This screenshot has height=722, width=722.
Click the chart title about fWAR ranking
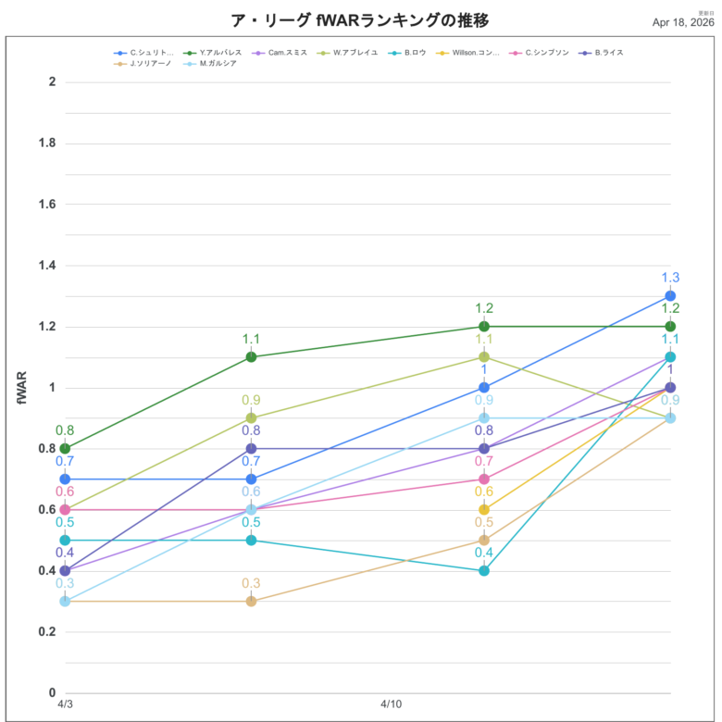[359, 20]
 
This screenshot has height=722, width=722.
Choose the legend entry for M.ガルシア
[210, 63]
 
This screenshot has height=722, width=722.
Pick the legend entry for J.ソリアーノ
[144, 63]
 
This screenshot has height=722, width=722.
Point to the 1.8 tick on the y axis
[45, 143]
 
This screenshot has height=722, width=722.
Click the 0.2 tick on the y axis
[45, 631]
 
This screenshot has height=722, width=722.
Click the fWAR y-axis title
[22, 387]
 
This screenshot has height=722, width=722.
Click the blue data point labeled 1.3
[670, 296]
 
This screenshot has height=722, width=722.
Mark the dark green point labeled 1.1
[251, 357]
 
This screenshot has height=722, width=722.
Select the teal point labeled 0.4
[484, 570]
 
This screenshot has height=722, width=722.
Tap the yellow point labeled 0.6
[484, 509]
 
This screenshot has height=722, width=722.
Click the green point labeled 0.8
[65, 449]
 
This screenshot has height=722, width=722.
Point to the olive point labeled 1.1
[484, 357]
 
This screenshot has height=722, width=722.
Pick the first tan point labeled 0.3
[65, 601]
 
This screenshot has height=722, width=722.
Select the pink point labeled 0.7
[484, 479]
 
